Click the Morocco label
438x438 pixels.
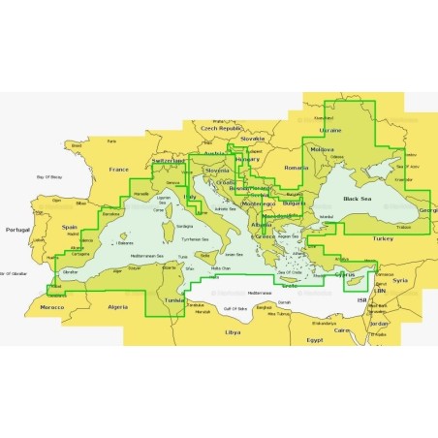point(51,307)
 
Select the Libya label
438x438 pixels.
point(232,331)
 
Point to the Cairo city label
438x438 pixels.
point(342,329)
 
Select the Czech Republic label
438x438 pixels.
point(220,127)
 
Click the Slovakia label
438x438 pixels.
point(252,138)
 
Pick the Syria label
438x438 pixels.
point(401,280)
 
